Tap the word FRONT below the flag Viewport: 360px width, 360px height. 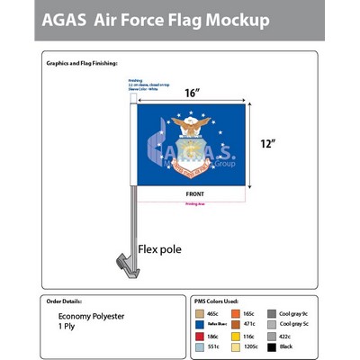[194, 194]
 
